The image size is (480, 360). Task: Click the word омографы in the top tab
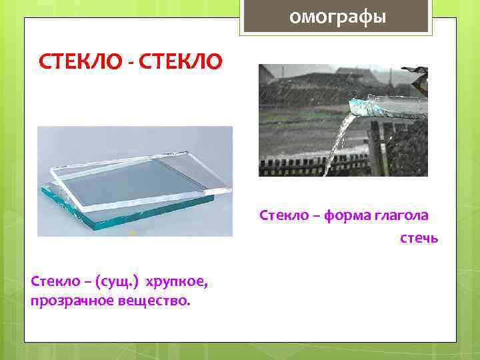click(337, 16)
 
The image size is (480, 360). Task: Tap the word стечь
click(419, 238)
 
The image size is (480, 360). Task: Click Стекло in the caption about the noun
click(54, 282)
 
